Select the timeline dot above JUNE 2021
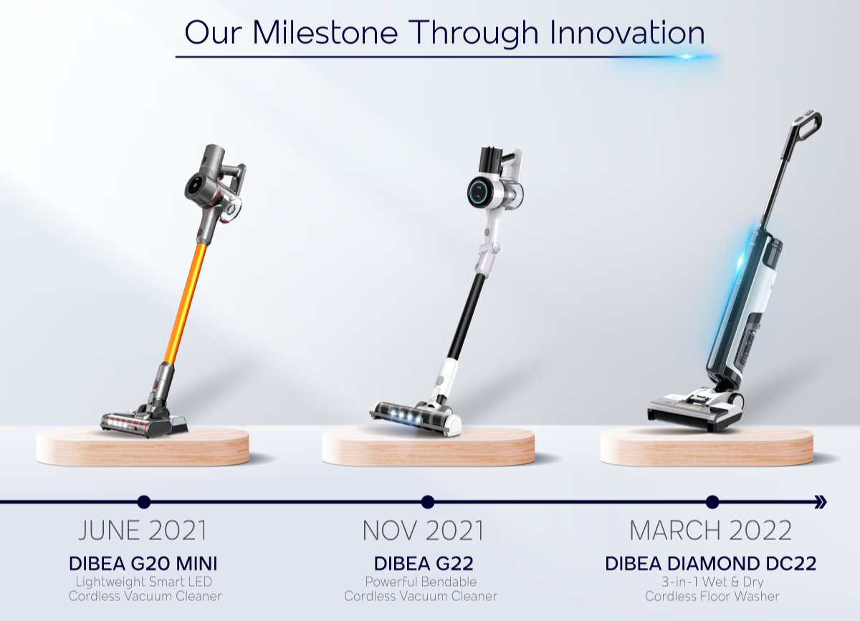point(144,501)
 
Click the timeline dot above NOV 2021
point(428,501)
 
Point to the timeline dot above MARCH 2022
point(712,501)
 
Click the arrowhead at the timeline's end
point(821,501)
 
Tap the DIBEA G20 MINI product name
point(143,563)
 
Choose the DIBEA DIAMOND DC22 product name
point(710,563)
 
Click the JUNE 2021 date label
point(143,531)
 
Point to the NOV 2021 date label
point(423,531)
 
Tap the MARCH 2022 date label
point(710,531)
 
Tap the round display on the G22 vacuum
point(479,191)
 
